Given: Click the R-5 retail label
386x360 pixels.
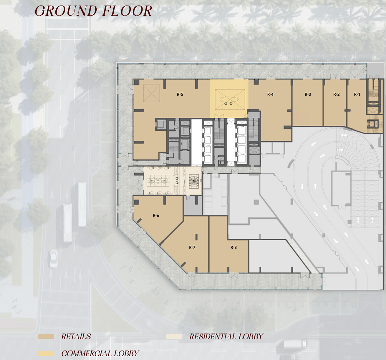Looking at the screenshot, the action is pos(180,94).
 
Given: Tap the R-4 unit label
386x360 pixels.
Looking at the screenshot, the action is pos(270,94).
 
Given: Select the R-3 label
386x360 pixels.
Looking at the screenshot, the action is pos(308,94).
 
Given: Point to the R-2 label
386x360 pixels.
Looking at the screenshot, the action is pos(337,94).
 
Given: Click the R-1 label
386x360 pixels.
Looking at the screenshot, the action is pos(357,94).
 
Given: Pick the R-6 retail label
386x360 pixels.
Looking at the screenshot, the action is pos(156,215).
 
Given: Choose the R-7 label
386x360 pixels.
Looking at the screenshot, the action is pos(192,247).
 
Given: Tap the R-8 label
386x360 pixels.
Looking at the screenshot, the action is pos(234,247).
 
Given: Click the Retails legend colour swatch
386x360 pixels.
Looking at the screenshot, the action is pos(46,337).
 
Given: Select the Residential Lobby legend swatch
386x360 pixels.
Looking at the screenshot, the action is pos(174,337).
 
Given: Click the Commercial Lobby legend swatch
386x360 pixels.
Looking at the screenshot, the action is pos(46,354).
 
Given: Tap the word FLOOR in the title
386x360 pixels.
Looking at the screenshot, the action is pos(126,11).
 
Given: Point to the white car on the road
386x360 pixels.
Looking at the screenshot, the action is pos(54,259).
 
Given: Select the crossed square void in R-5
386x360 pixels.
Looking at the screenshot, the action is pos(151,93).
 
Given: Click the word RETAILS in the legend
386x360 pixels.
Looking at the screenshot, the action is pos(76,337).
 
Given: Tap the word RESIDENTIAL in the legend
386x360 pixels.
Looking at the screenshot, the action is pos(209,337).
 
